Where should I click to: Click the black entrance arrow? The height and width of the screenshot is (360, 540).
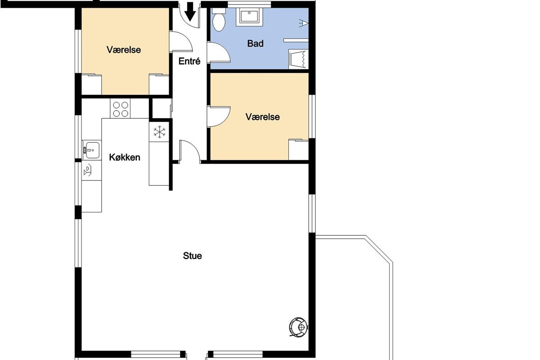pos(190,11)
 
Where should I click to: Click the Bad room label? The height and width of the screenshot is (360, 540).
pos(255,43)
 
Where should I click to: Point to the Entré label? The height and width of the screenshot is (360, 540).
pos(189,61)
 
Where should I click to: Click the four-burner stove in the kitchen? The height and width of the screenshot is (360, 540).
pos(120,109)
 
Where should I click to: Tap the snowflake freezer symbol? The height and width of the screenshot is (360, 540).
pos(159,132)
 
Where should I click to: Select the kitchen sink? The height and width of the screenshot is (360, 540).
pos(92,150)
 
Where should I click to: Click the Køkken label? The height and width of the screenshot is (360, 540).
pos(125,157)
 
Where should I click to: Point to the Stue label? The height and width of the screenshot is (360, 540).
pos(193,256)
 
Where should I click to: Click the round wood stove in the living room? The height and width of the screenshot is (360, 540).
pos(299,327)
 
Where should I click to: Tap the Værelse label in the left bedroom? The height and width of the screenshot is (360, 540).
pos(124,49)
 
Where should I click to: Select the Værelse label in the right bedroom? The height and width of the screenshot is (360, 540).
pos(262,117)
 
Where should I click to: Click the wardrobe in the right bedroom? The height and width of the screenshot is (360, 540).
pos(299,149)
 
